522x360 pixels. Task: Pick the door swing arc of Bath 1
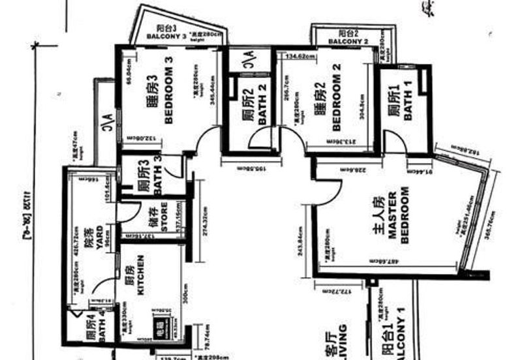coord(391,140)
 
